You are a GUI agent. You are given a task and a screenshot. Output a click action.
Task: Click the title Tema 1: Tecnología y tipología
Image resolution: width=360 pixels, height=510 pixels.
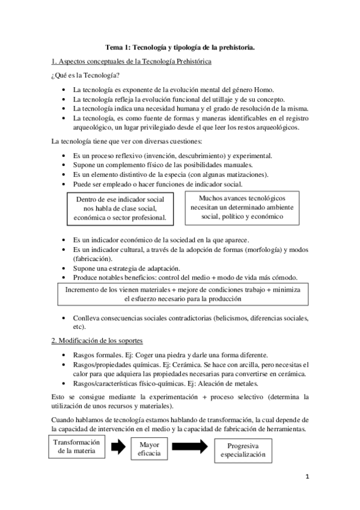(180, 46)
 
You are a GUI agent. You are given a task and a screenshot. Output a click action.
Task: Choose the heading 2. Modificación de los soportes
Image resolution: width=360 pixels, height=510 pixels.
(105, 341)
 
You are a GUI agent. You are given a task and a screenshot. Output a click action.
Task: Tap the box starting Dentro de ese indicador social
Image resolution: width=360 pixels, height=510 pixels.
(120, 209)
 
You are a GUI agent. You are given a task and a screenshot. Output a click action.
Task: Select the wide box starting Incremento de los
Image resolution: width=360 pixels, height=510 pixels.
(182, 293)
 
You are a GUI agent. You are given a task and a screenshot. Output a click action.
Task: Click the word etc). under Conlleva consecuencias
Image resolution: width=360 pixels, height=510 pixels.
(79, 327)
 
